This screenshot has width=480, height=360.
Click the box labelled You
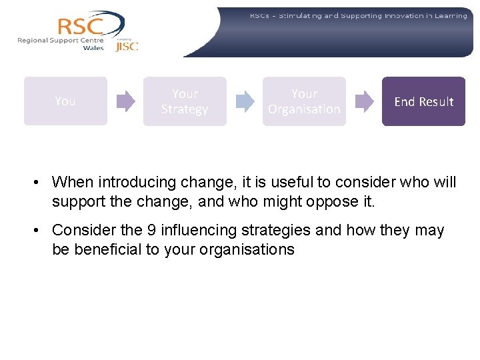click(65, 101)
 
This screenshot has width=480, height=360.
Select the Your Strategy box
click(185, 101)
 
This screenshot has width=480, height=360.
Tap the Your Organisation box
click(304, 101)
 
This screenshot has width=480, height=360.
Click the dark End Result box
click(423, 101)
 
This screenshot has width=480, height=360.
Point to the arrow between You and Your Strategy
click(125, 101)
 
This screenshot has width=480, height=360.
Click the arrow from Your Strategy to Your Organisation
click(245, 101)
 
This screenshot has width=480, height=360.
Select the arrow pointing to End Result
click(364, 101)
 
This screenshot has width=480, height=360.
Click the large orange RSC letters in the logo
click(81, 27)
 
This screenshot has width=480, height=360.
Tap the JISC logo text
click(127, 46)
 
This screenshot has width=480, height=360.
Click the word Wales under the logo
click(93, 48)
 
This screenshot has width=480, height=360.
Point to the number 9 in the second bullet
click(151, 231)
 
